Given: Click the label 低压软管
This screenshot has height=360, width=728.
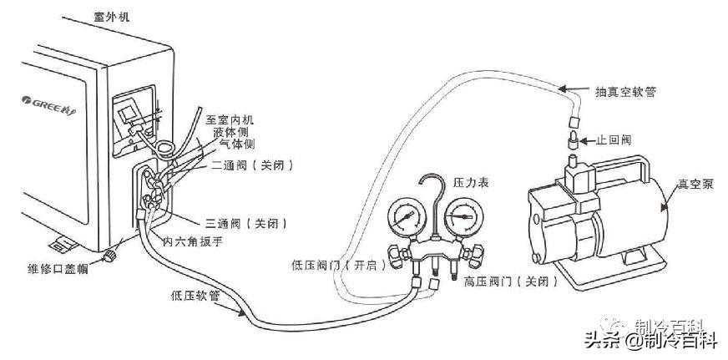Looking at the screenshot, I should [x=194, y=294].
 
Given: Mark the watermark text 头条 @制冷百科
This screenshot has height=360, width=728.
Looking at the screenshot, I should [x=650, y=339].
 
